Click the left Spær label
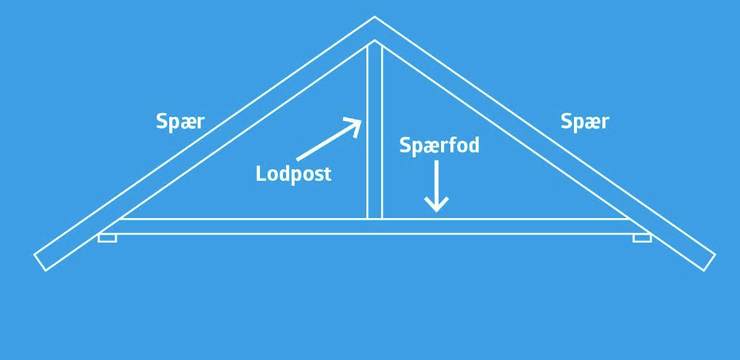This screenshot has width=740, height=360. (x=180, y=122)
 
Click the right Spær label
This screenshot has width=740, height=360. (x=584, y=122)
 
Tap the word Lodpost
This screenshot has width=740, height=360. (x=293, y=174)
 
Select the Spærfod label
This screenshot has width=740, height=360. (x=439, y=145)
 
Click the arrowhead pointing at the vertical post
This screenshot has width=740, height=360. (x=354, y=124)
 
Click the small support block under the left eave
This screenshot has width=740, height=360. (x=107, y=238)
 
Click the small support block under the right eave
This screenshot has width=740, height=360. (x=642, y=238)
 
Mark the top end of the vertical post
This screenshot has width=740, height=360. (x=374, y=44)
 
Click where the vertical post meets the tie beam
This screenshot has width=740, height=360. (x=374, y=219)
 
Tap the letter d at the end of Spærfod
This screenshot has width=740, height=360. (x=473, y=145)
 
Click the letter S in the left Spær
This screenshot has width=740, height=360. (x=162, y=122)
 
